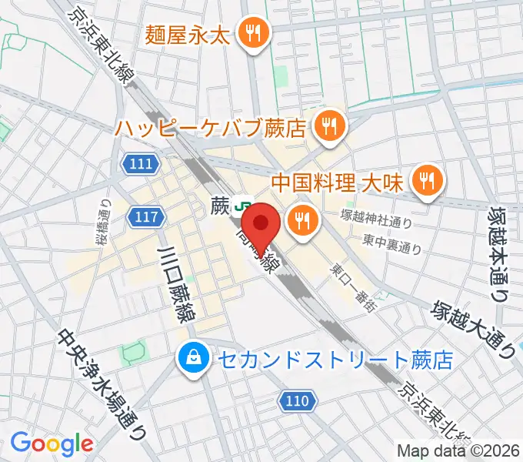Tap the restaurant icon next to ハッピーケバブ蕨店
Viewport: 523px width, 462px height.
330,123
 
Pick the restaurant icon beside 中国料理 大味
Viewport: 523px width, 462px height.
425,182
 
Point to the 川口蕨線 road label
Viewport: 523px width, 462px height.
178,282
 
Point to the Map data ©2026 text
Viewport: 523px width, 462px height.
458,451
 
